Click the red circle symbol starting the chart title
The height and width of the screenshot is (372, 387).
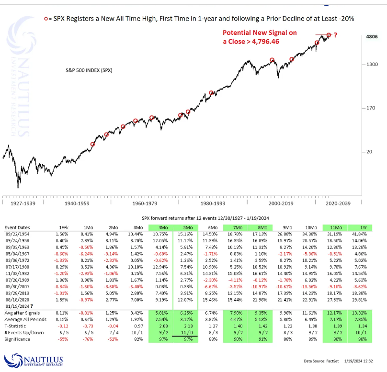click(x=46, y=18)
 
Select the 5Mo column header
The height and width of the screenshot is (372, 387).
click(x=184, y=227)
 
